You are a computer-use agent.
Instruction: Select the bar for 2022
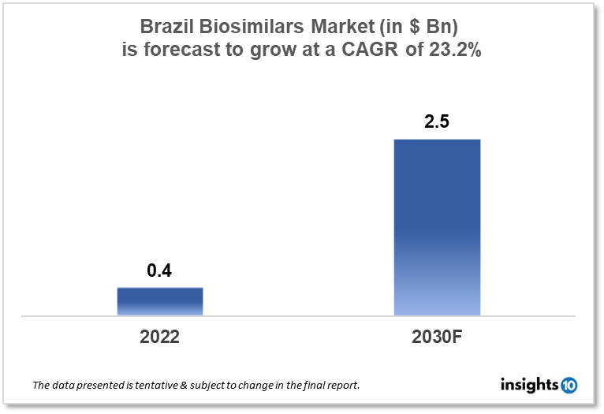[160, 301]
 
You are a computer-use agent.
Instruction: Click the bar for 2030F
[437, 228]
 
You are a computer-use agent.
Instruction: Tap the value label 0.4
[159, 271]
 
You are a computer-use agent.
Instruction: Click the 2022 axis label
[160, 337]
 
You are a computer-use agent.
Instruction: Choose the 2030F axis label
[437, 337]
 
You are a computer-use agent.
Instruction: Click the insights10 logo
[539, 385]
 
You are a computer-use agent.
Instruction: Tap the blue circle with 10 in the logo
[569, 386]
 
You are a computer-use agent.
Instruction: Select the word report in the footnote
[341, 386]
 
